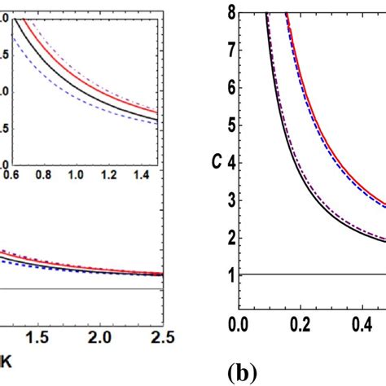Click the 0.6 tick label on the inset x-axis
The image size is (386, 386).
[13, 173]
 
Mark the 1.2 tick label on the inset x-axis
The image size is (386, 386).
[116, 173]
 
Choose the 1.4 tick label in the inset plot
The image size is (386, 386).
[148, 173]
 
